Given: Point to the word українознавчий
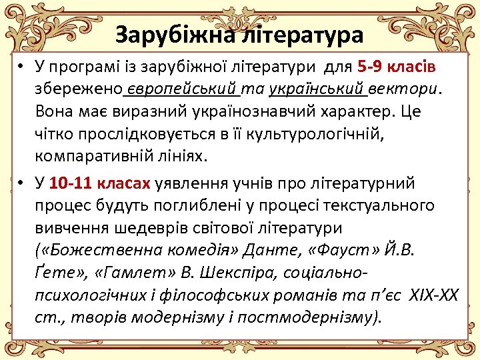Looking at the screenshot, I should (x=235, y=111).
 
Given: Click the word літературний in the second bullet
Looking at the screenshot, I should (x=362, y=182).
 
